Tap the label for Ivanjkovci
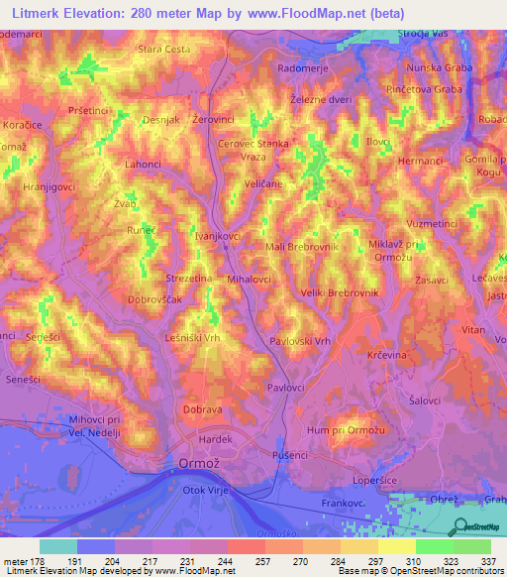pyautogui.click(x=218, y=237)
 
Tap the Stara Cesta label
pyautogui.click(x=163, y=49)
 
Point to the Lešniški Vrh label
pyautogui.click(x=191, y=338)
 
